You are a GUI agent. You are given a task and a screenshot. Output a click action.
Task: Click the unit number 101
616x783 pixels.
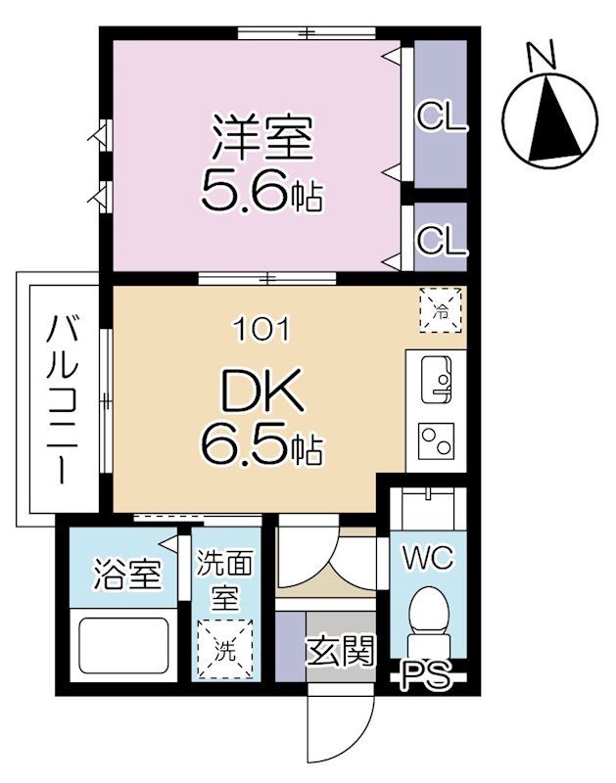point(261,330)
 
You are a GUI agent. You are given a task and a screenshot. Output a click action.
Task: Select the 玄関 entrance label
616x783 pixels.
point(341,651)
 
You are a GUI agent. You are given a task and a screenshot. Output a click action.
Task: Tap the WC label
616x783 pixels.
point(428,560)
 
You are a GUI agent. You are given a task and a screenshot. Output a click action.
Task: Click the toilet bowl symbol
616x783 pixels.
point(428,617)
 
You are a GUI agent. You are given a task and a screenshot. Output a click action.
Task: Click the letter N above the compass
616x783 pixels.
point(542,56)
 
